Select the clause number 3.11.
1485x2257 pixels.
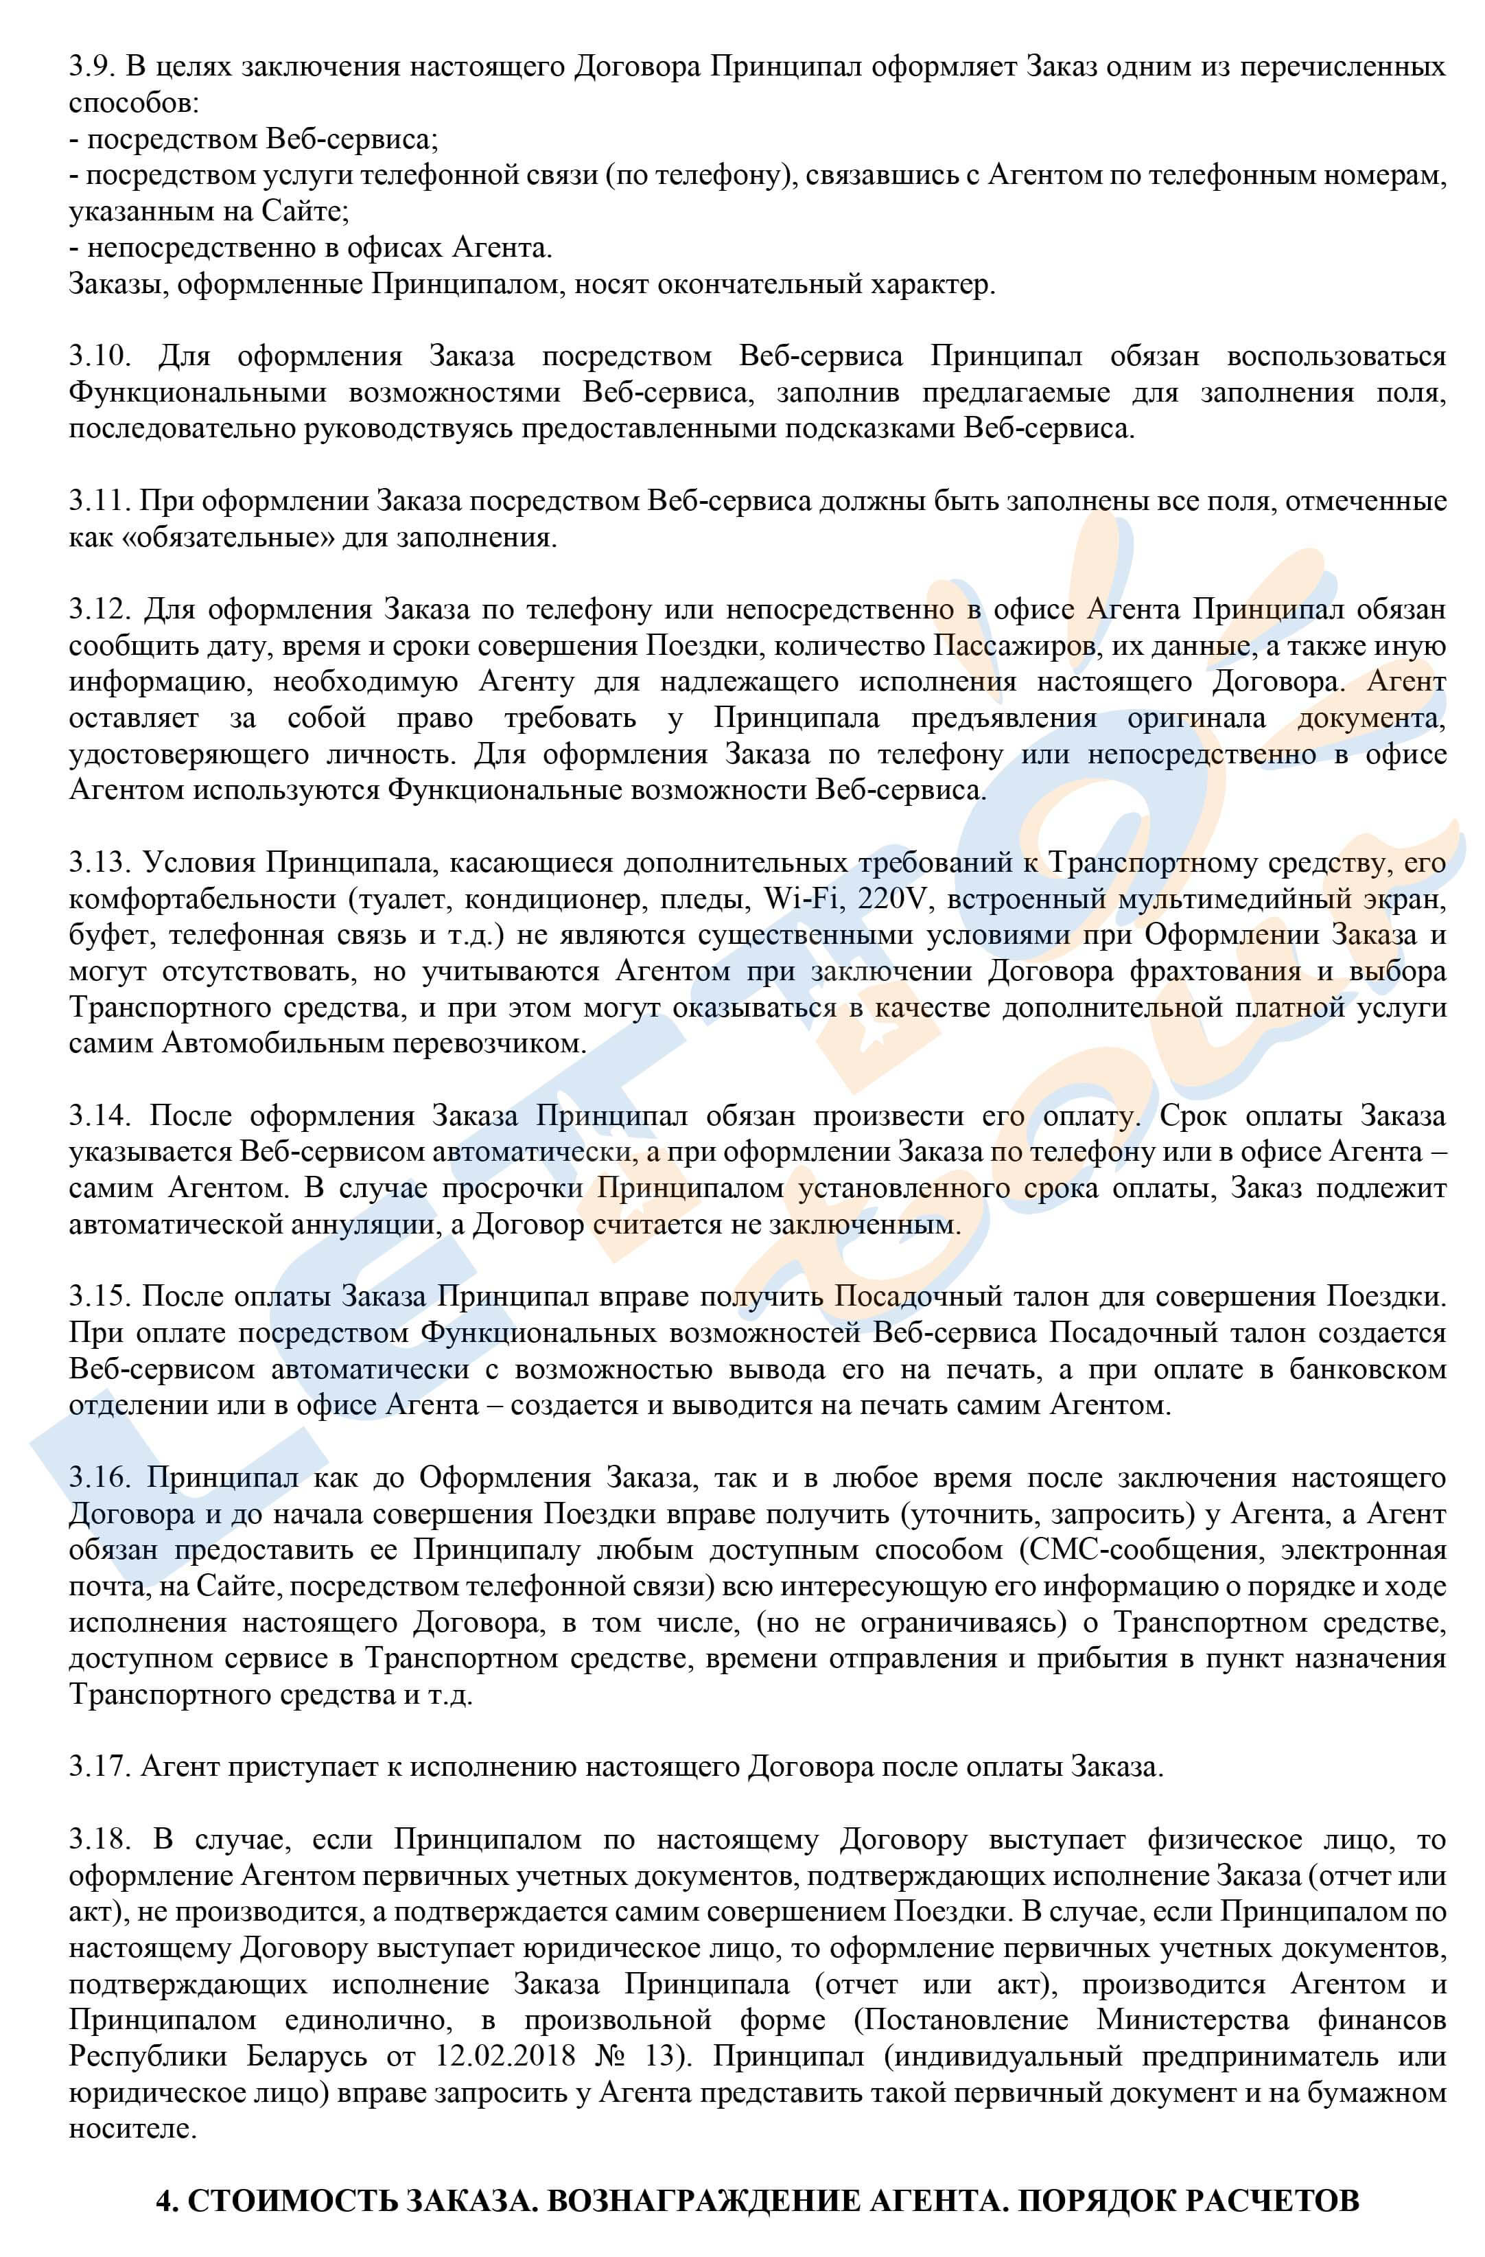96,502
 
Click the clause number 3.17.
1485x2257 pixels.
97,1768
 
